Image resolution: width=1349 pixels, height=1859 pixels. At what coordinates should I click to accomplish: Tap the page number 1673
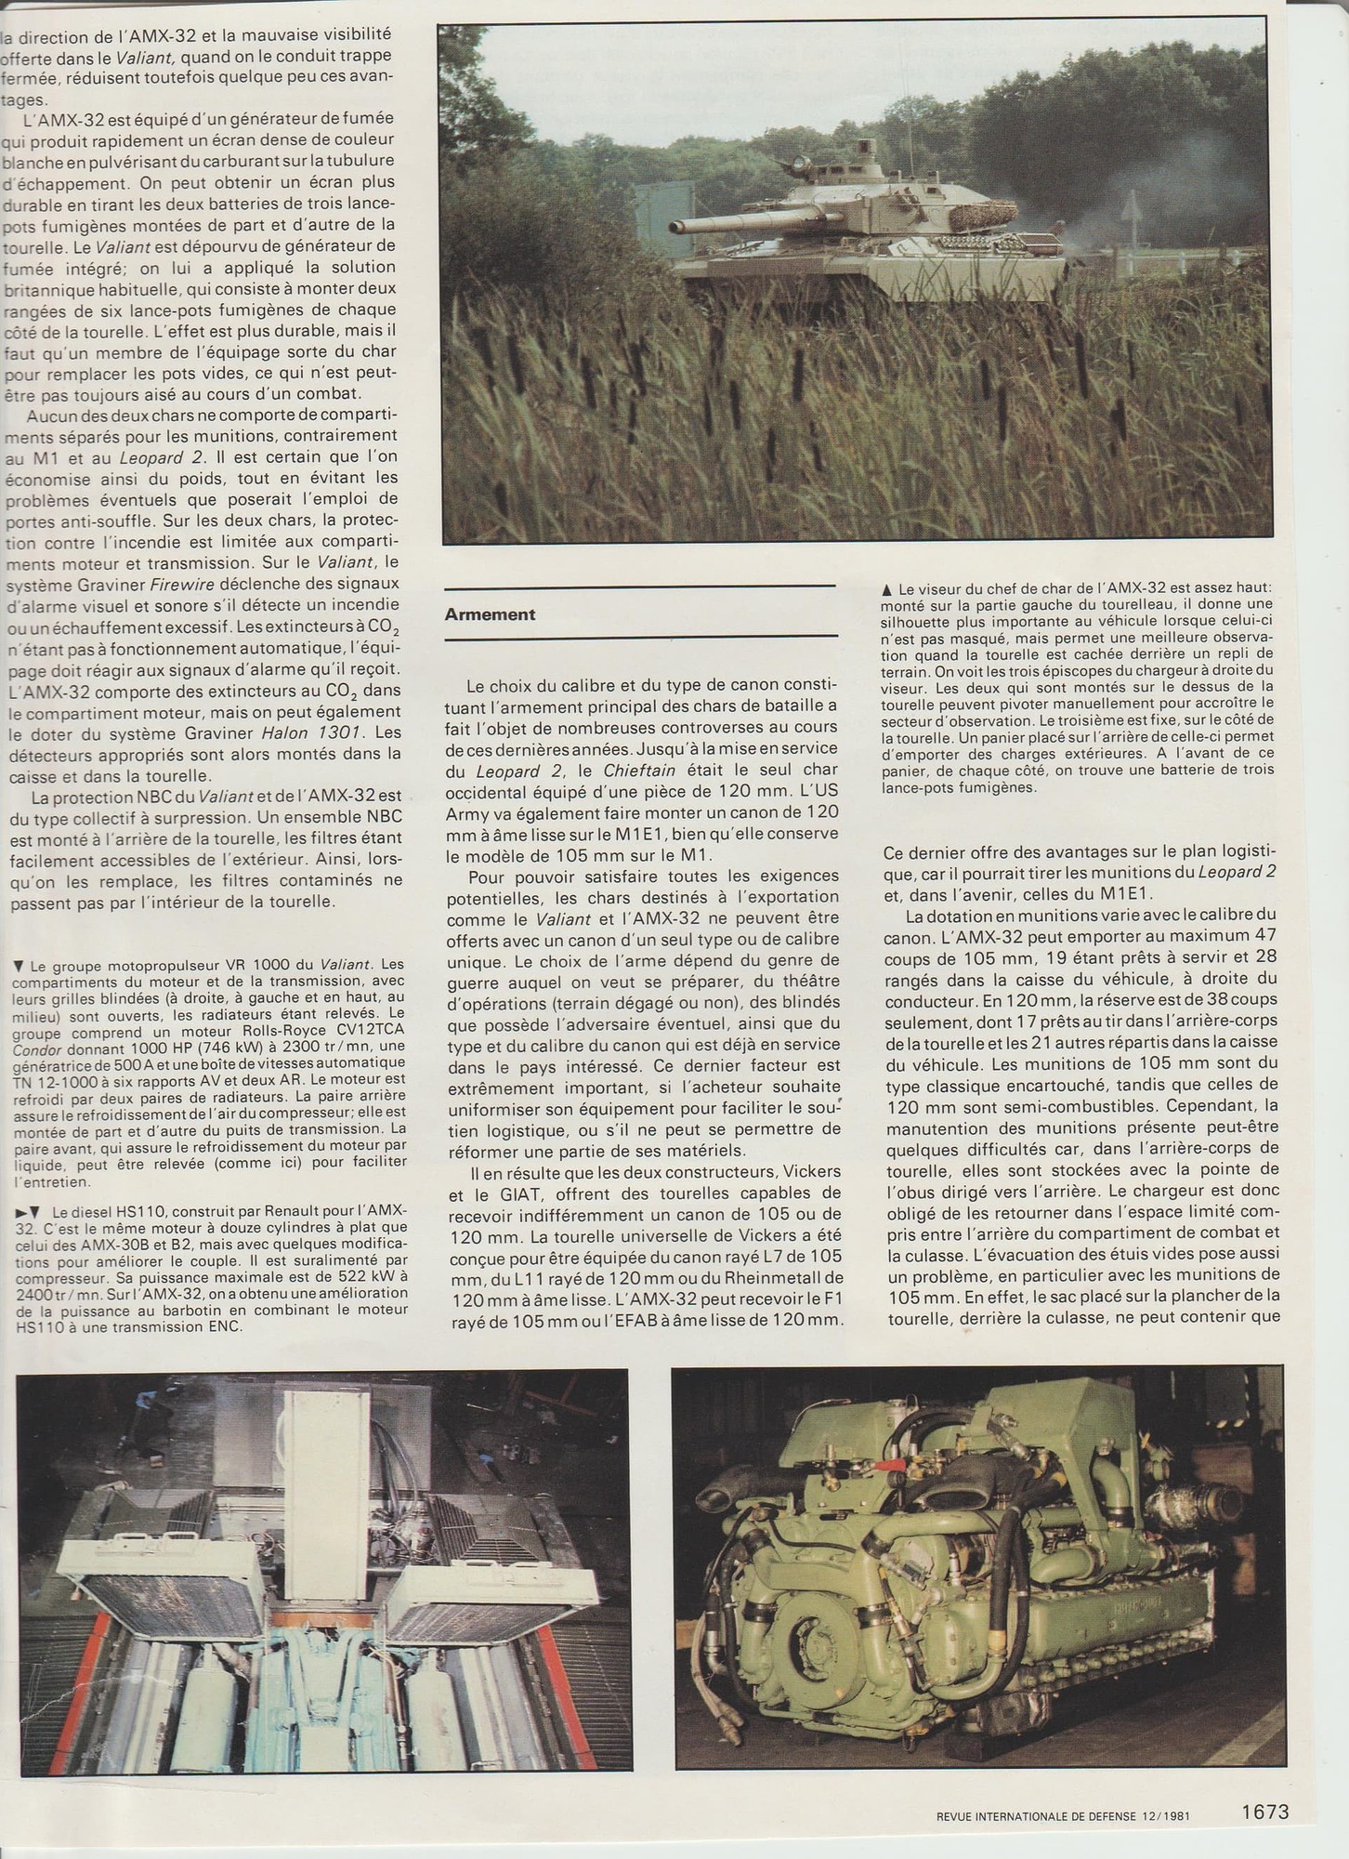tap(1265, 1809)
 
